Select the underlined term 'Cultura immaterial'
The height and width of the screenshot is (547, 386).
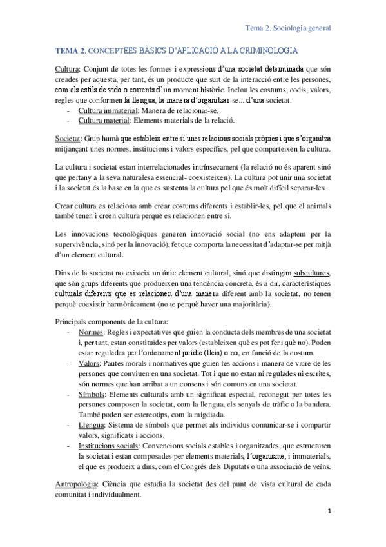pos(102,111)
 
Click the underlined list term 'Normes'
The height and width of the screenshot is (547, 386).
pos(91,331)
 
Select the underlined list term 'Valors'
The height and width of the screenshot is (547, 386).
pos(89,363)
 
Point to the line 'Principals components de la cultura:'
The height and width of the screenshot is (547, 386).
pos(116,321)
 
